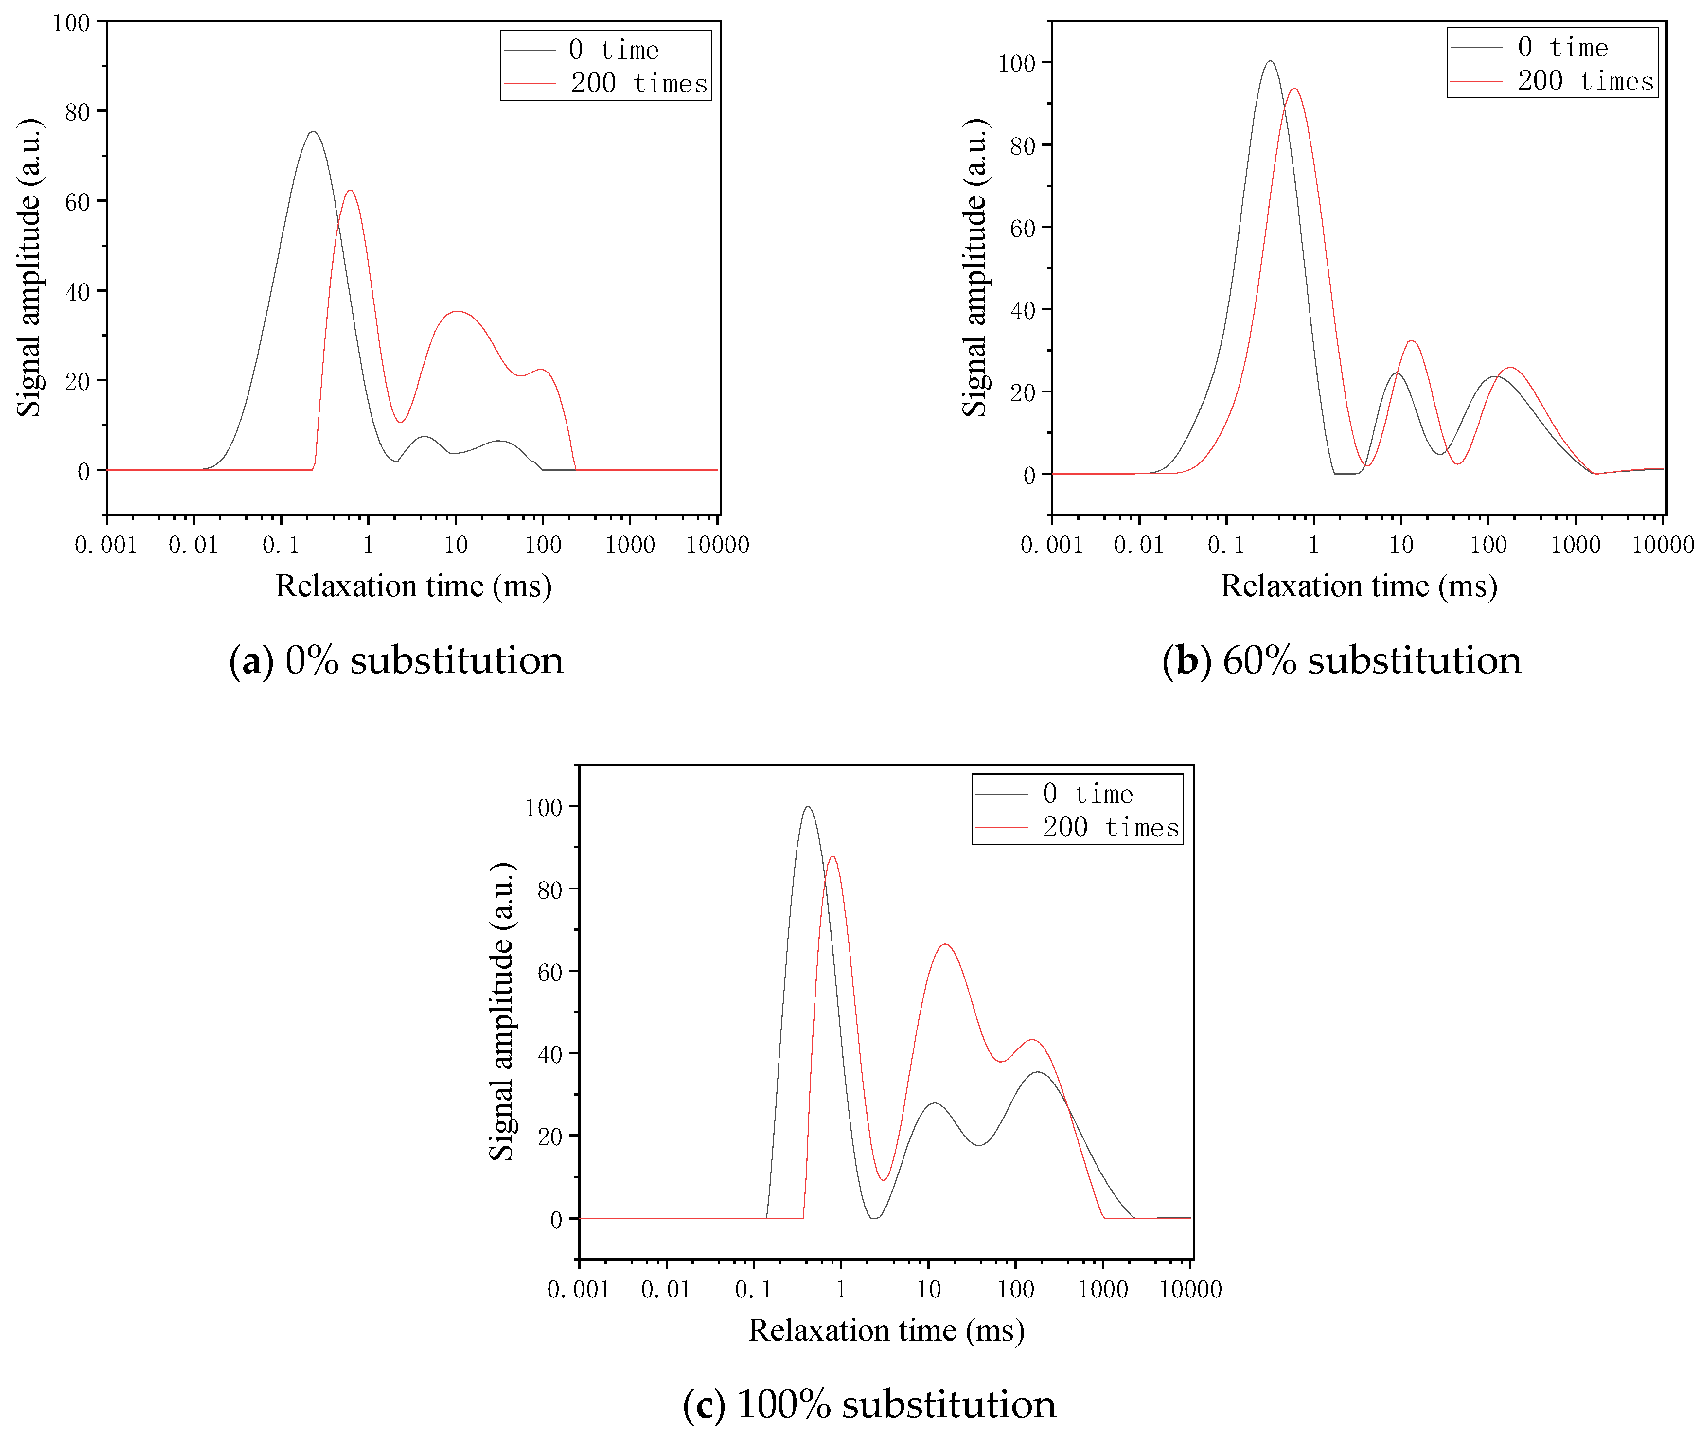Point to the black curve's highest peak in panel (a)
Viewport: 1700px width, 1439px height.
(312, 132)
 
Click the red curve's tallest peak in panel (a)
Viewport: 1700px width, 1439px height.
(350, 191)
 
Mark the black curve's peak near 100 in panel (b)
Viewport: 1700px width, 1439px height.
(1269, 61)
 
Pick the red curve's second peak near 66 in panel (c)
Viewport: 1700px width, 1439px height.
(945, 944)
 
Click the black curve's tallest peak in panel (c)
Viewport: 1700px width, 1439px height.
(808, 807)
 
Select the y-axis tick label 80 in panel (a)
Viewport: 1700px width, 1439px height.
(77, 112)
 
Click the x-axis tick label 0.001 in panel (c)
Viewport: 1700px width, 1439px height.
(578, 1290)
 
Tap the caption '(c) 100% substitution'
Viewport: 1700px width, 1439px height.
(869, 1404)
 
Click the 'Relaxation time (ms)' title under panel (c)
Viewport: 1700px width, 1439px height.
(886, 1331)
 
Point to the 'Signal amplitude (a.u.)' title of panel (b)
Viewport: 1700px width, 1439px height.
(975, 267)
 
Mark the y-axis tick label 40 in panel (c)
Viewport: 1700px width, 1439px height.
(550, 1055)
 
